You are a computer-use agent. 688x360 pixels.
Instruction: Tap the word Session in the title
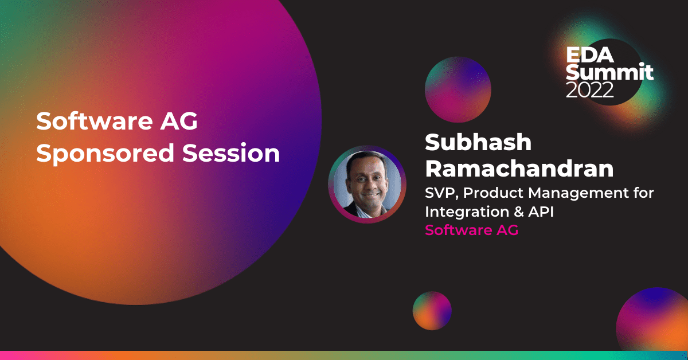[x=231, y=152]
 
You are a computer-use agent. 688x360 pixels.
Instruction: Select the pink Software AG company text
[x=471, y=230]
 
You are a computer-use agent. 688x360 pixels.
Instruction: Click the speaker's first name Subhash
[x=478, y=142]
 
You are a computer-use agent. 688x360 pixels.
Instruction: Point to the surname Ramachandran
[x=519, y=169]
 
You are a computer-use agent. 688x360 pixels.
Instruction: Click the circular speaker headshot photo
[x=368, y=185]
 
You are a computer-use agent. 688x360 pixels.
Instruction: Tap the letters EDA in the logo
[x=590, y=55]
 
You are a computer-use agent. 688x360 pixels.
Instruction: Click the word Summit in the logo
[x=609, y=72]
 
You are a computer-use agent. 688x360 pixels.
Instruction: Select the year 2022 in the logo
[x=589, y=90]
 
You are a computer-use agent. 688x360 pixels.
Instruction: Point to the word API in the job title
[x=541, y=212]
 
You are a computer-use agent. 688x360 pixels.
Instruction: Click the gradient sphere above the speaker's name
[x=458, y=89]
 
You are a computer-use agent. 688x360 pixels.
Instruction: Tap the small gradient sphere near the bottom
[x=432, y=311]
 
